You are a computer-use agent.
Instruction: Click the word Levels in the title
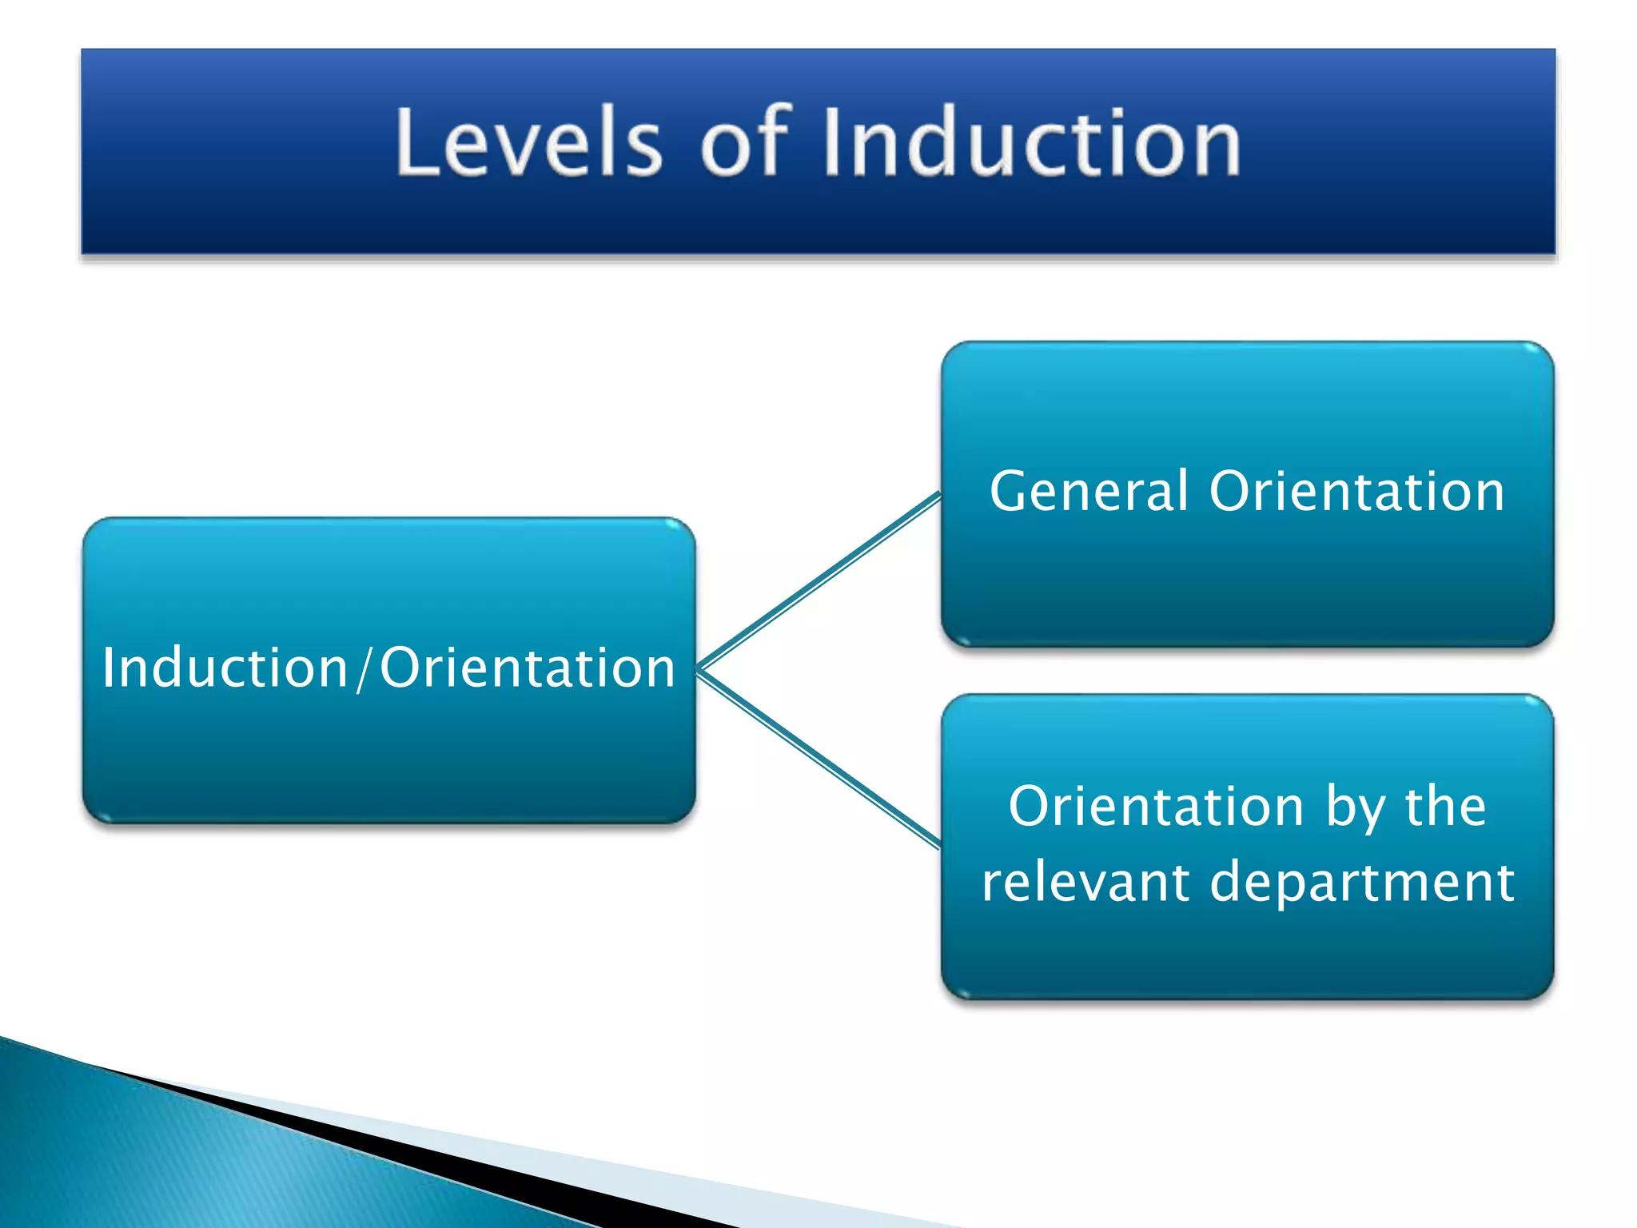[528, 142]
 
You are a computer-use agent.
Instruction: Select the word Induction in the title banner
[1031, 142]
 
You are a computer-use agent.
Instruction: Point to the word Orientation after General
[1356, 491]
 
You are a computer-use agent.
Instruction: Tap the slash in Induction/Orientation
[364, 668]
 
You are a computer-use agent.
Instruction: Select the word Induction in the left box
[225, 668]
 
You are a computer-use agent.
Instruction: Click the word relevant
[1085, 882]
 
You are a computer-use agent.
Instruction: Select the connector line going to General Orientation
[819, 582]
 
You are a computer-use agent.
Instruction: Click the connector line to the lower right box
[819, 758]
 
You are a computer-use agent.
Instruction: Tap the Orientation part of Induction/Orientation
[528, 668]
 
